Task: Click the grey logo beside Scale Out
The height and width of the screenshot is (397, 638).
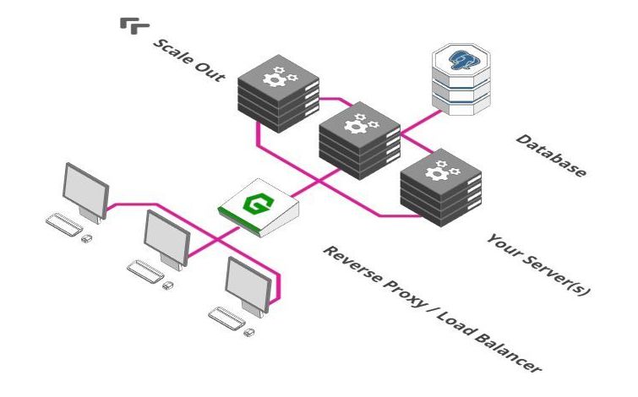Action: pyautogui.click(x=132, y=25)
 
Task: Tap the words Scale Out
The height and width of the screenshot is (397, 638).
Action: pyautogui.click(x=188, y=58)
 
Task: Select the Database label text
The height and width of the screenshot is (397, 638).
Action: pyautogui.click(x=550, y=155)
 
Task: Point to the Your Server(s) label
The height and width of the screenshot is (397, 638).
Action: pyautogui.click(x=537, y=264)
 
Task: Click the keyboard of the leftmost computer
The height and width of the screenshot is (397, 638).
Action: pyautogui.click(x=63, y=224)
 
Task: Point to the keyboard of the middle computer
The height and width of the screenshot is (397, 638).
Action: pyautogui.click(x=144, y=270)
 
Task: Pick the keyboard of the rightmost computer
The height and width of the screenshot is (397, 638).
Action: pyautogui.click(x=226, y=318)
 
